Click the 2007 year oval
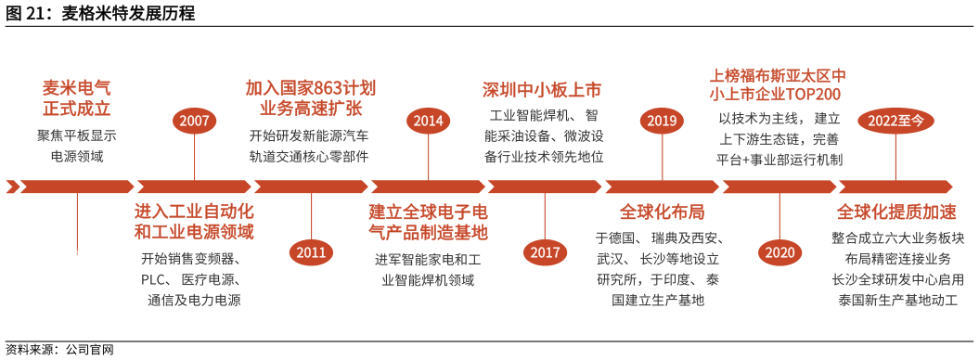tap(195, 121)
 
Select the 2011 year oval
tap(312, 251)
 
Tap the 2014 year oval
tap(428, 121)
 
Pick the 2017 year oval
tap(545, 251)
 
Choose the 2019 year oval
tap(662, 121)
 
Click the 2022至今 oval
tap(895, 121)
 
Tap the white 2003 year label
tap(77, 252)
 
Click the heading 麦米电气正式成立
tap(77, 98)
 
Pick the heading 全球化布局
tap(662, 211)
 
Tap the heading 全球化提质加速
tap(896, 211)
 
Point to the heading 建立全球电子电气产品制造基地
tap(428, 221)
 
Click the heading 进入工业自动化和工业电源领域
tap(194, 221)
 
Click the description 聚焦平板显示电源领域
tap(77, 146)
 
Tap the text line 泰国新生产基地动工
tap(896, 300)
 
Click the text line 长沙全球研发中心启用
tap(896, 278)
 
